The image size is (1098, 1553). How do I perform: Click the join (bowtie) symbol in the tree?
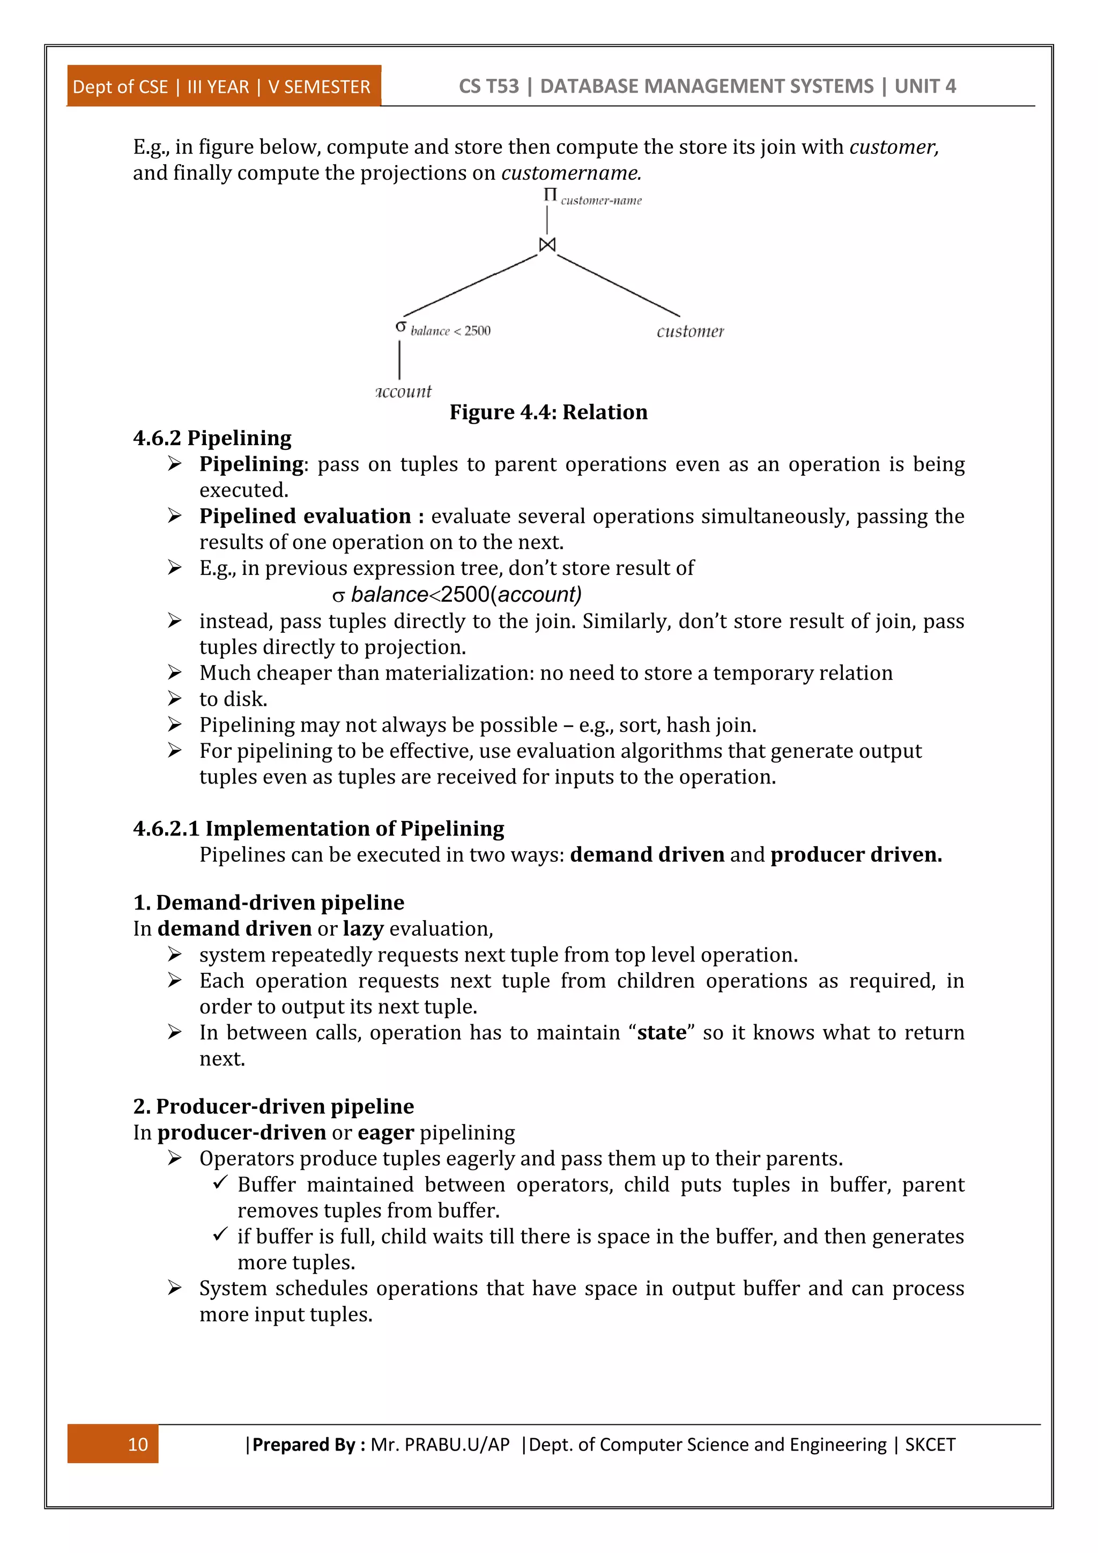[x=547, y=244]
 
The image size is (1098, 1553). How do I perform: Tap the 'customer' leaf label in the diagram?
[x=689, y=331]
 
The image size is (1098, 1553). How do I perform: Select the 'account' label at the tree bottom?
[x=404, y=391]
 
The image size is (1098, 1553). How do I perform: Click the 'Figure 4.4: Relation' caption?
[x=548, y=412]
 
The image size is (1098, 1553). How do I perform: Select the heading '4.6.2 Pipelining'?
[x=212, y=438]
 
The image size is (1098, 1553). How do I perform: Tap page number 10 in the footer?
[x=138, y=1444]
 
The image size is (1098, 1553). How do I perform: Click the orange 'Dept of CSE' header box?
[x=223, y=86]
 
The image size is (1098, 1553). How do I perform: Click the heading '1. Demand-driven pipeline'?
[x=269, y=903]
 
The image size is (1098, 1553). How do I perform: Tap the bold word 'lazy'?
[x=363, y=929]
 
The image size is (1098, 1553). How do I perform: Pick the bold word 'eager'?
[x=385, y=1132]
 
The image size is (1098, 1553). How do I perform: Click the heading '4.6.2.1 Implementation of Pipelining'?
[x=318, y=829]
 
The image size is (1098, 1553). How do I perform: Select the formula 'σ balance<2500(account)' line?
[x=457, y=595]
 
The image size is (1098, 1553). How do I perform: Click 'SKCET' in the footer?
[x=930, y=1445]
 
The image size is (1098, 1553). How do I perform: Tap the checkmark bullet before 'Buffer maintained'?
[x=220, y=1183]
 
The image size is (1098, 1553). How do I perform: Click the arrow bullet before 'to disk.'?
[x=175, y=698]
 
